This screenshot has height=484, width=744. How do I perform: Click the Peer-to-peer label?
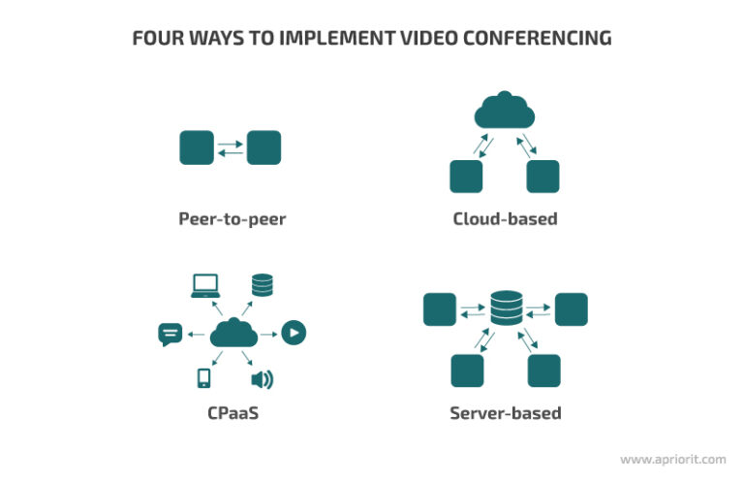[232, 218]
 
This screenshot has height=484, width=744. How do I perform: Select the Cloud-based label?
[505, 218]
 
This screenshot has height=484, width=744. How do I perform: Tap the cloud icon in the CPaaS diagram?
[232, 335]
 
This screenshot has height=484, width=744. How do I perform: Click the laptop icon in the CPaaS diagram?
[205, 285]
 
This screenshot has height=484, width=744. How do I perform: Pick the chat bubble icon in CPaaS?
[170, 335]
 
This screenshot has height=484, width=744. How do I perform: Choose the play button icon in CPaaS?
[294, 334]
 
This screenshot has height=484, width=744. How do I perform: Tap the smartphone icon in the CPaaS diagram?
[204, 379]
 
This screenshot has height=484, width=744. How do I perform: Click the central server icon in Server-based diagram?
[505, 308]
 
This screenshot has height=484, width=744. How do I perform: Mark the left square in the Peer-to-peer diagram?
[197, 148]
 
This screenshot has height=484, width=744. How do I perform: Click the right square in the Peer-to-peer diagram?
[263, 148]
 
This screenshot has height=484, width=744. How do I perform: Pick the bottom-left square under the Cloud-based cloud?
[466, 177]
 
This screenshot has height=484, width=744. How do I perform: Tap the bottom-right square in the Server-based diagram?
[543, 371]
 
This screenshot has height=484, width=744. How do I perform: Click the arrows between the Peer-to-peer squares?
[231, 148]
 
